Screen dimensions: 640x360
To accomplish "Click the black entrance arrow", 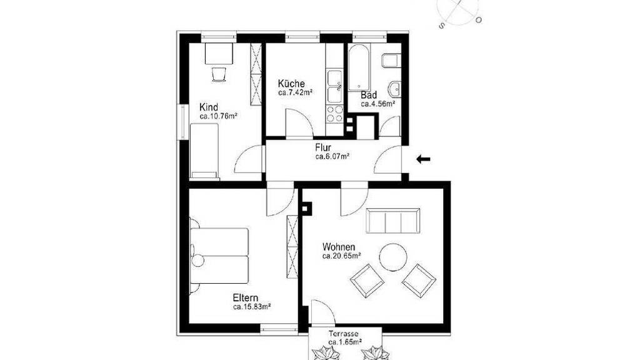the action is click(423, 159).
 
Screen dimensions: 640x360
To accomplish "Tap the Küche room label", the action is click(291, 84).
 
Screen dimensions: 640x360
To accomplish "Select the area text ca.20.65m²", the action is click(341, 256).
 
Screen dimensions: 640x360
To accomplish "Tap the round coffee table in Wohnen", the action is click(393, 257).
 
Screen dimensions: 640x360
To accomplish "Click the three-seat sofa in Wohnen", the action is click(393, 221).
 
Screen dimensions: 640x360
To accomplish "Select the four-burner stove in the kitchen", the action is click(335, 114).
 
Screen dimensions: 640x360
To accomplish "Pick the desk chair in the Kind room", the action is click(219, 74).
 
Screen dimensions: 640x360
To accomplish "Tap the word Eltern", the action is click(246, 297).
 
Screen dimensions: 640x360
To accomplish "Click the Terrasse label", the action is click(344, 334).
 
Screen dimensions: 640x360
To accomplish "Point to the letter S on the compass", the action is click(441, 26).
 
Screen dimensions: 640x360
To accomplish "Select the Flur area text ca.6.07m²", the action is click(332, 156).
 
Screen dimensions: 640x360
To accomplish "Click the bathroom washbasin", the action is click(395, 87).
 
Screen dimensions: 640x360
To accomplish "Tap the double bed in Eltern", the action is click(219, 256).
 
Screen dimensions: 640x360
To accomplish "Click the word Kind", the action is click(209, 107).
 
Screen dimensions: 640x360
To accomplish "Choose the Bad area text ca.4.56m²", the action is click(378, 104).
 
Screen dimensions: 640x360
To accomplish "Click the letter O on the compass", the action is click(479, 19).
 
